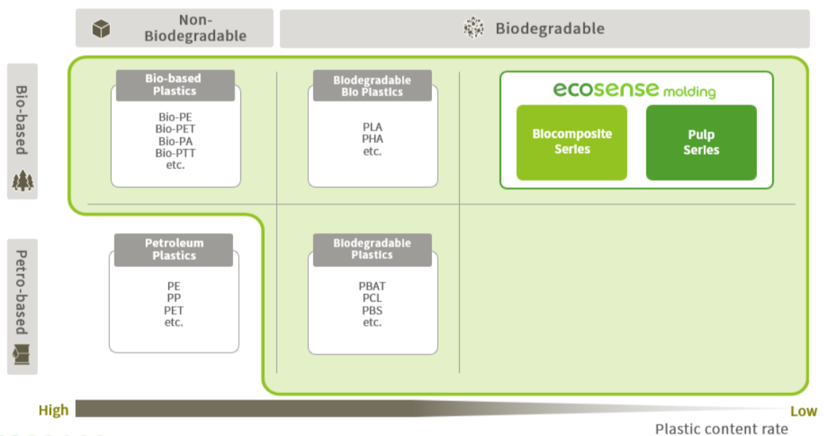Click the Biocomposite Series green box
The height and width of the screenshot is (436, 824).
click(x=572, y=142)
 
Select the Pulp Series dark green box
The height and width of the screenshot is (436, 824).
click(x=701, y=143)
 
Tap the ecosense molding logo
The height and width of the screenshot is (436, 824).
click(x=634, y=90)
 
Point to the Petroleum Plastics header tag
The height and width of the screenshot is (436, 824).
click(x=174, y=249)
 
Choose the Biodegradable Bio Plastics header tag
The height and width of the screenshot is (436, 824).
click(x=372, y=86)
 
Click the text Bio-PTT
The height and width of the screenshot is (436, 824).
click(x=176, y=153)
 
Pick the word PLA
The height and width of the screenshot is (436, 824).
click(x=372, y=127)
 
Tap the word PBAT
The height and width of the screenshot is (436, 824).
click(x=372, y=286)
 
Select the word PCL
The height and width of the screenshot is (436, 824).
click(x=372, y=298)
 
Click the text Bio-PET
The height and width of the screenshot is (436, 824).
click(x=176, y=129)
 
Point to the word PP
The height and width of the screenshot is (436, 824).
click(x=173, y=298)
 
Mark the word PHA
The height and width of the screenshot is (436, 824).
click(x=372, y=139)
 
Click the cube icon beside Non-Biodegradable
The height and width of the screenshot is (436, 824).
click(x=101, y=29)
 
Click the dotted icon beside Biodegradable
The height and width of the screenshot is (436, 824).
click(x=474, y=28)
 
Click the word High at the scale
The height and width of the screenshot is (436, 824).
click(x=53, y=411)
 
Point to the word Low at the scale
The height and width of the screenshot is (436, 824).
click(x=803, y=411)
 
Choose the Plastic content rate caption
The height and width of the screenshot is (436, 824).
click(x=721, y=429)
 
